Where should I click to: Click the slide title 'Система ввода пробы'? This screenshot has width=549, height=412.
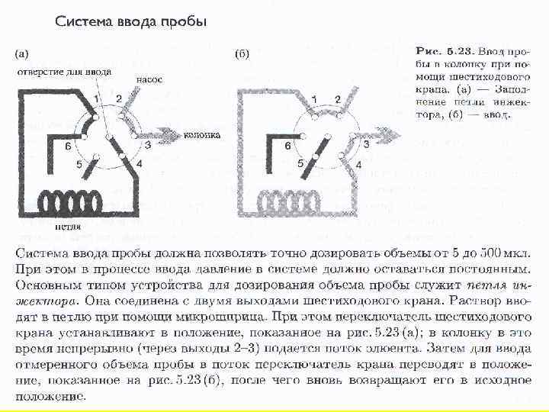(130, 21)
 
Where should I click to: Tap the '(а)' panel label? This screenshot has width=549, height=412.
(23, 54)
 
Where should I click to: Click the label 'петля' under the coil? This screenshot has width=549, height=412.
(69, 226)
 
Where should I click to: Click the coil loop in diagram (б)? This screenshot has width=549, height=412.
(291, 201)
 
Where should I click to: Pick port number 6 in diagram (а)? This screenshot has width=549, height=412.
(68, 145)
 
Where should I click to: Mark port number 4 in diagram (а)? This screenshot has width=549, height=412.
(138, 163)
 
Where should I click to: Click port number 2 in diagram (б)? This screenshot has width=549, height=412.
(338, 99)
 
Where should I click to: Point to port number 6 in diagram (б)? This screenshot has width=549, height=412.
(287, 145)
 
